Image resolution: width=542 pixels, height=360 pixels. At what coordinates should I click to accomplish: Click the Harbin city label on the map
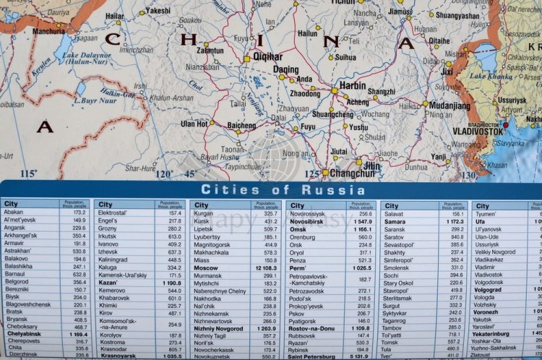coord(352,85)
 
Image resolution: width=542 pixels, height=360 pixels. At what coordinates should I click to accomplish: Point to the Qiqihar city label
coord(268,56)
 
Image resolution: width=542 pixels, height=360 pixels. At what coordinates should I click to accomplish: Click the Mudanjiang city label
coord(449,106)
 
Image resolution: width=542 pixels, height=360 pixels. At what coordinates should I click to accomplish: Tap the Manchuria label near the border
coord(48,31)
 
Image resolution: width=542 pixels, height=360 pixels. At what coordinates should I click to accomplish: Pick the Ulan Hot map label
coord(194,124)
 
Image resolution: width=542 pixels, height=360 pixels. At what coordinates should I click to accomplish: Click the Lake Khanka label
coord(491,76)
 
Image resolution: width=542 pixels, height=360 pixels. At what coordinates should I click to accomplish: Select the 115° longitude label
coord(28,174)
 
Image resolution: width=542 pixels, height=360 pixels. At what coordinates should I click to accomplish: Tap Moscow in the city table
coord(206,267)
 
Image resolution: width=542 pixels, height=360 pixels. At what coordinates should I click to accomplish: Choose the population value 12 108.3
coord(264,267)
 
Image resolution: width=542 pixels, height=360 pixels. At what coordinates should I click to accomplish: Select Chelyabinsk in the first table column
coord(25,335)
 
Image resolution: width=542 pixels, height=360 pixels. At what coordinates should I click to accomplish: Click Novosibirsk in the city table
coord(306,221)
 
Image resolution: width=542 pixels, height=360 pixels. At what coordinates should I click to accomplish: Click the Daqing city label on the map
coord(286,69)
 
